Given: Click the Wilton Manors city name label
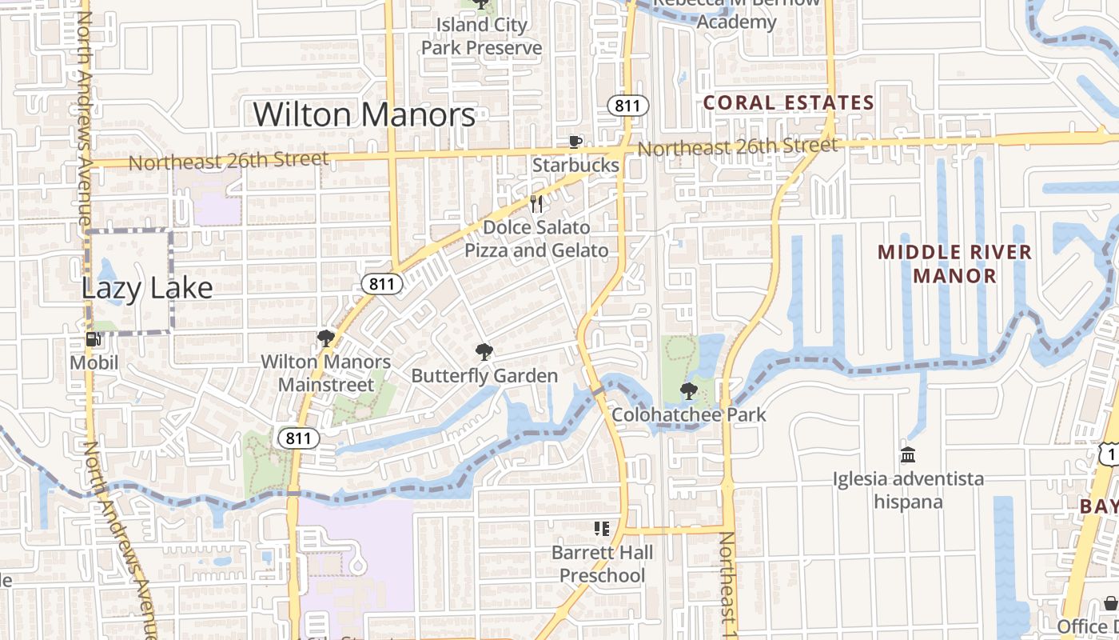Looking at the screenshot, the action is click(364, 114).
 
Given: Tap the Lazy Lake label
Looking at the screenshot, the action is click(147, 288).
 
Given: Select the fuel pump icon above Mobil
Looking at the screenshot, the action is click(94, 339).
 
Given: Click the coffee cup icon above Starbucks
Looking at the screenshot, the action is click(575, 142).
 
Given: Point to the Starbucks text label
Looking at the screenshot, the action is click(575, 165).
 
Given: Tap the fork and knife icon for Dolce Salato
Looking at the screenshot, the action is click(536, 204).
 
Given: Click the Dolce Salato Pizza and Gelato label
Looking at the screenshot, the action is click(536, 238).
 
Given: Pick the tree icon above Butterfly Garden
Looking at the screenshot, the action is click(484, 352).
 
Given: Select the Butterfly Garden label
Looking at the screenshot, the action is click(484, 375).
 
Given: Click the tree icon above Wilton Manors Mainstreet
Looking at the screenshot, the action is click(325, 338).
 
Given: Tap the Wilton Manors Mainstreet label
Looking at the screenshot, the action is click(326, 373).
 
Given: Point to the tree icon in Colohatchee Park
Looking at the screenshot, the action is click(688, 391).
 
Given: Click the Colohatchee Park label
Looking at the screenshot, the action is click(688, 414).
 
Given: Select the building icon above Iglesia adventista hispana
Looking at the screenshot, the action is click(908, 455).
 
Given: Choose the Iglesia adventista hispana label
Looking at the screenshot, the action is click(908, 490).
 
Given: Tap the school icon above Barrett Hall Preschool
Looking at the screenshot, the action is click(602, 528).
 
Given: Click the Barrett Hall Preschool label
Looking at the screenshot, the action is click(602, 563).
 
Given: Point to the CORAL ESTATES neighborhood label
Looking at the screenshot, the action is click(788, 102).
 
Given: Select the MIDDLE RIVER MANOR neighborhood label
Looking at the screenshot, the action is click(954, 264).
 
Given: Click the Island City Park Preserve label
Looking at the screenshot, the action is click(481, 36).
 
